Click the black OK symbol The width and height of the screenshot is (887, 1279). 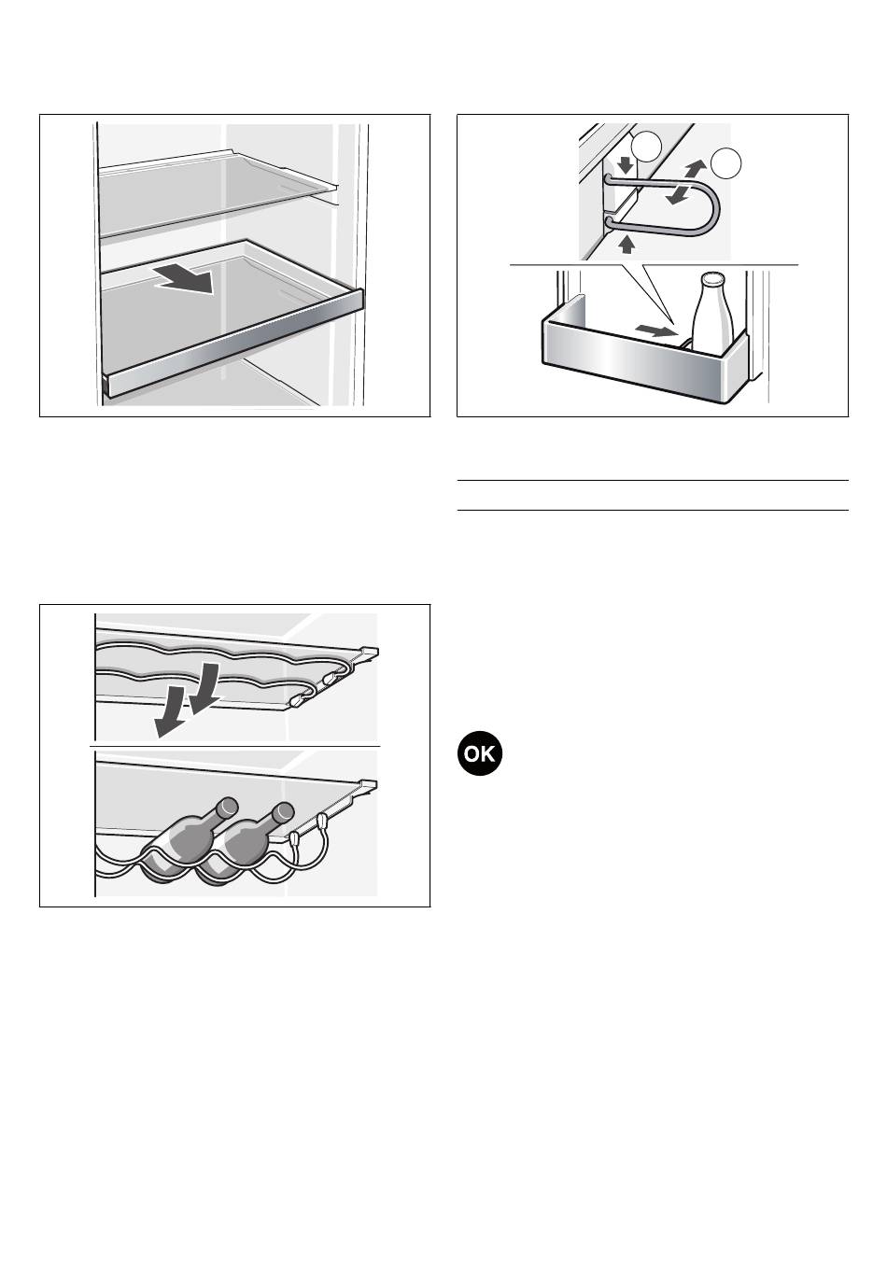point(480,753)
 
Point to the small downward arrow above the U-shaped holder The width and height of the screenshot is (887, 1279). point(627,165)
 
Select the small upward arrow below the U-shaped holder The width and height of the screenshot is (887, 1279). point(627,244)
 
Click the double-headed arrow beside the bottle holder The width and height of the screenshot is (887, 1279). point(685,182)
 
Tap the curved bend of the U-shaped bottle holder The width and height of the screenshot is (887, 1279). point(709,209)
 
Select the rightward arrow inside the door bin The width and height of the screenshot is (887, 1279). point(655,330)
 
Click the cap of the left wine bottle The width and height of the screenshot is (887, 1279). point(230,806)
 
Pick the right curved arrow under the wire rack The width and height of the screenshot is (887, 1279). point(204,689)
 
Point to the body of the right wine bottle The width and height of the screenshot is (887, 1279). point(240,850)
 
